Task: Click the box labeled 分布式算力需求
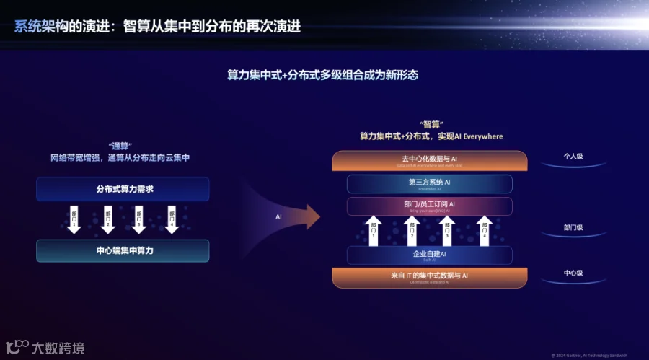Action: tap(123, 189)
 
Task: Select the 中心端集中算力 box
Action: tap(123, 251)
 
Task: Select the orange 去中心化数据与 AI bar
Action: tap(430, 160)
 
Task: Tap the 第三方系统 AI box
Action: tap(430, 183)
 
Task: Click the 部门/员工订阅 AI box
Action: tap(430, 206)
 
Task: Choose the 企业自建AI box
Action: tap(430, 255)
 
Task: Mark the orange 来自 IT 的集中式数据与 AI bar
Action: tap(430, 276)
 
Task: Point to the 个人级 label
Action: tap(573, 155)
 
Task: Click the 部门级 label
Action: tap(573, 228)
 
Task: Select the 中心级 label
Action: tap(573, 273)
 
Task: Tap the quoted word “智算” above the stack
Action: tap(431, 124)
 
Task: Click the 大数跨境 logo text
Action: tap(58, 348)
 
